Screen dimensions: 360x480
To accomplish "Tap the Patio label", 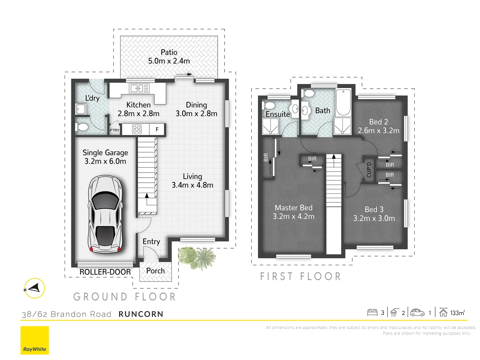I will click(x=169, y=52).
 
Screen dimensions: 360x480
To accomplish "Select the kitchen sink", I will click(x=139, y=88).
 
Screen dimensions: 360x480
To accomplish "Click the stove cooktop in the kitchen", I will click(x=137, y=129).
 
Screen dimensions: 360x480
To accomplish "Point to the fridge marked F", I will click(x=157, y=129).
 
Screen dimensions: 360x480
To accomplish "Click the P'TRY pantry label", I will click(x=115, y=130).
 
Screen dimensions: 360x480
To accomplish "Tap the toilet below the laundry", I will click(x=81, y=127).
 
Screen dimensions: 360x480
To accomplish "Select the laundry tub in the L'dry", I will click(x=81, y=109).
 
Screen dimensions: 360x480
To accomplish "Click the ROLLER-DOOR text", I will click(x=105, y=272).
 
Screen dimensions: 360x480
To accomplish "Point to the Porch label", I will click(x=155, y=271).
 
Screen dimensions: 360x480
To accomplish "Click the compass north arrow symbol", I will click(x=34, y=288).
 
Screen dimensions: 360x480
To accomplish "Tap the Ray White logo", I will click(x=35, y=340).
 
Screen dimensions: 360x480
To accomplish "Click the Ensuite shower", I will click(x=270, y=126).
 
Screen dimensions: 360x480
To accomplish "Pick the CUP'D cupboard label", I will click(x=369, y=170).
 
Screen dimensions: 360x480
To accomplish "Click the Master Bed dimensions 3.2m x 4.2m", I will click(x=293, y=216).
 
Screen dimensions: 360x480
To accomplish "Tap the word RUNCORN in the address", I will click(x=141, y=314).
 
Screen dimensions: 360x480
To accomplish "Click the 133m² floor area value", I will click(x=457, y=313).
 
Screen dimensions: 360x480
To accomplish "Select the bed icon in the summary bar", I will click(x=372, y=312).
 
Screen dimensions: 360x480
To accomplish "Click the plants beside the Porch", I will click(x=197, y=258).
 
